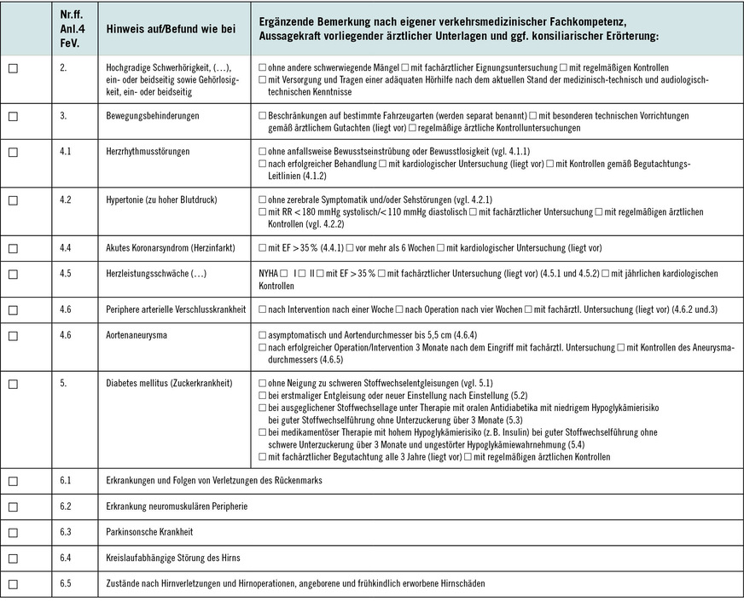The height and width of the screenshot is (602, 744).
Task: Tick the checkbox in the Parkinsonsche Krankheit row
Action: coord(13,531)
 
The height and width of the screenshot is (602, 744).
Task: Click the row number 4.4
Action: coord(65,248)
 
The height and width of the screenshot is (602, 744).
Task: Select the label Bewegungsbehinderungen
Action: coord(153,115)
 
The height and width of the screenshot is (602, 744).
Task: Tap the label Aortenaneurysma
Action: coord(137,335)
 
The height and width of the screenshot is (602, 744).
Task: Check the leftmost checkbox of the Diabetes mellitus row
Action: coord(13,384)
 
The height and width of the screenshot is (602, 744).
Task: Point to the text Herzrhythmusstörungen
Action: coord(148,151)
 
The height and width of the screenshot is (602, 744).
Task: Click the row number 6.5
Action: coord(65,584)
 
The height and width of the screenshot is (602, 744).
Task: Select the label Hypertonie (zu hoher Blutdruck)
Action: coord(162,200)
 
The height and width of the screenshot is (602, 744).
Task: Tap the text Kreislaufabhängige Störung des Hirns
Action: coord(173,558)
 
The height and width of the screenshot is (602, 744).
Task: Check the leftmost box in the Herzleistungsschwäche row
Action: coord(13,274)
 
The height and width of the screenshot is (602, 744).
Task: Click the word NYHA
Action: coord(268,274)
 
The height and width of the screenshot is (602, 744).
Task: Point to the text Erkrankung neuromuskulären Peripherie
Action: coord(177,506)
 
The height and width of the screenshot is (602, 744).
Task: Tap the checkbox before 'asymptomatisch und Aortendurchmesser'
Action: coord(262,335)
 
